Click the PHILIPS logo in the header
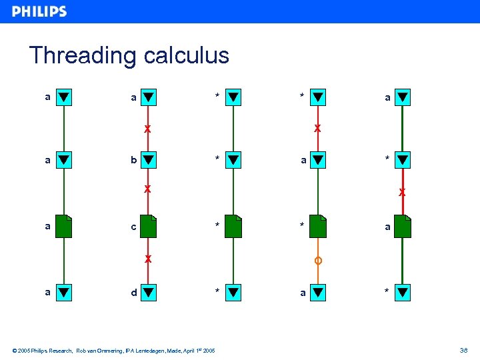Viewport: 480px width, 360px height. [x=39, y=11]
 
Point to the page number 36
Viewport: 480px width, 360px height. [x=463, y=350]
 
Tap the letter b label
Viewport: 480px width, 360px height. [x=134, y=160]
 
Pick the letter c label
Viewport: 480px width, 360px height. [x=134, y=227]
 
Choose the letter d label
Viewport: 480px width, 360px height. [x=134, y=292]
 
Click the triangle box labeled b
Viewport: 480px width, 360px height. [x=149, y=160]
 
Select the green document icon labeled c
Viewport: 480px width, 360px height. [x=149, y=227]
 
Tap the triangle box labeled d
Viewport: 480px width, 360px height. [x=149, y=292]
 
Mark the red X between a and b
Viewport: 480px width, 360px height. [x=148, y=128]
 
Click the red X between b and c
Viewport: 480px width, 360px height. [x=148, y=189]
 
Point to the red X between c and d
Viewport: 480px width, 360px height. [x=148, y=258]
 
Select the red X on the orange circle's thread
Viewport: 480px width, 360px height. [x=318, y=128]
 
